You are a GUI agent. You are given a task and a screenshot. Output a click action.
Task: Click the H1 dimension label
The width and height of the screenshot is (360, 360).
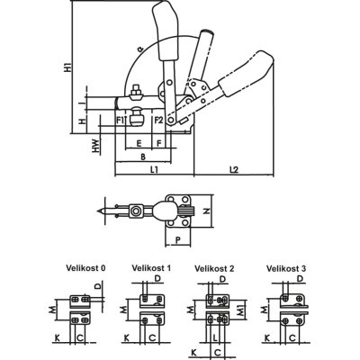68,66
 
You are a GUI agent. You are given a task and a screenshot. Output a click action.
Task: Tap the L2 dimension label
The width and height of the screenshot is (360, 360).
234,170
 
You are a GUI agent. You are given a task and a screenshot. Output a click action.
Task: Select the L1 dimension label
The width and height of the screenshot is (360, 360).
154,170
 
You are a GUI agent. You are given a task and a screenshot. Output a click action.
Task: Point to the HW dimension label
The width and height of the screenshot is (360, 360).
96,146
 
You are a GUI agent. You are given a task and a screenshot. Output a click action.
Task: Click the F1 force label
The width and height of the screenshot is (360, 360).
121,120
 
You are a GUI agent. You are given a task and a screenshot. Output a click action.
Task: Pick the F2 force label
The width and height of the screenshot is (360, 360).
158,120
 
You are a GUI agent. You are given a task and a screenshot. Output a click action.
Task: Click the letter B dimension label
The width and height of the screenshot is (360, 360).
143,157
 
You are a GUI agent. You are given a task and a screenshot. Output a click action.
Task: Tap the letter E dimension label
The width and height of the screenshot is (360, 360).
139,143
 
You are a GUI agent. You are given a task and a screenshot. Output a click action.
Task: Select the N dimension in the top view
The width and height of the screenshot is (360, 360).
206,211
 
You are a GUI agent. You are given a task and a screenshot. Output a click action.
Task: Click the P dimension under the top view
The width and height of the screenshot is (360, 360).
177,239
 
